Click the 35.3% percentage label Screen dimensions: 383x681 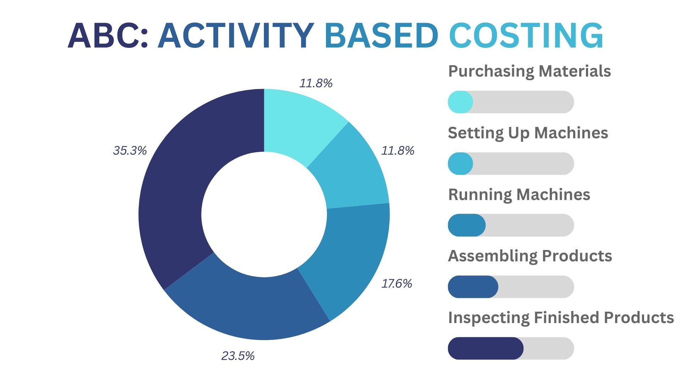point(130,151)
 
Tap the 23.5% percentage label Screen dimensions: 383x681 point(238,356)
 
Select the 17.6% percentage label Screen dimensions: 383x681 point(397,284)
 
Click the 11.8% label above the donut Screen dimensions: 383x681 point(316,83)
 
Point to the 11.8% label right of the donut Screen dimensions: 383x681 point(398,151)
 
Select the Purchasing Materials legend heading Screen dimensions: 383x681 point(529,71)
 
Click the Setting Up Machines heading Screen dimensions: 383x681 point(528,133)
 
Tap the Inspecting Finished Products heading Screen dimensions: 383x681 point(561,318)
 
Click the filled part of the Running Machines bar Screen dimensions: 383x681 point(466,225)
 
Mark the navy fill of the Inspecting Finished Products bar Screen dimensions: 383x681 point(485,348)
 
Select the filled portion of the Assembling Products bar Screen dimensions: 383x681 point(473,287)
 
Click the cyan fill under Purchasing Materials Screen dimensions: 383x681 point(460,102)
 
